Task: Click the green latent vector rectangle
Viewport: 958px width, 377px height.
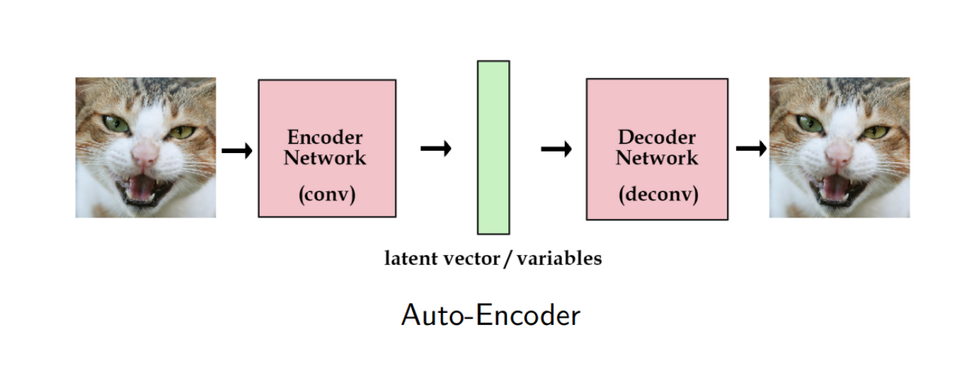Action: point(493,147)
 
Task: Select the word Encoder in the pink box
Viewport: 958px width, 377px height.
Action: point(325,137)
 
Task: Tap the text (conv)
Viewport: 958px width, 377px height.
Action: point(327,195)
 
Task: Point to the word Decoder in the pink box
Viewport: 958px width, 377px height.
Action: point(657,137)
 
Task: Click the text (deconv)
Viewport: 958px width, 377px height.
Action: point(657,195)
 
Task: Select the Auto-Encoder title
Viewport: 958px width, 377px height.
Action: point(491,316)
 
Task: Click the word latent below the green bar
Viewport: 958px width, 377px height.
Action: point(411,259)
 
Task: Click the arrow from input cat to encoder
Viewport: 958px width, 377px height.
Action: point(237,150)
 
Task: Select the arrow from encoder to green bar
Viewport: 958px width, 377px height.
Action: point(436,148)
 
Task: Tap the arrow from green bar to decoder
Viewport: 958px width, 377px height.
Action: point(556,148)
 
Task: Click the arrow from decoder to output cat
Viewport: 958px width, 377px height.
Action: point(751,148)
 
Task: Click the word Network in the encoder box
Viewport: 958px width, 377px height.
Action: point(325,157)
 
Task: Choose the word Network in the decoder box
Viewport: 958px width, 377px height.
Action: point(657,157)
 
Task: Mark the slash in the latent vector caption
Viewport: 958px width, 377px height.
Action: point(508,259)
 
